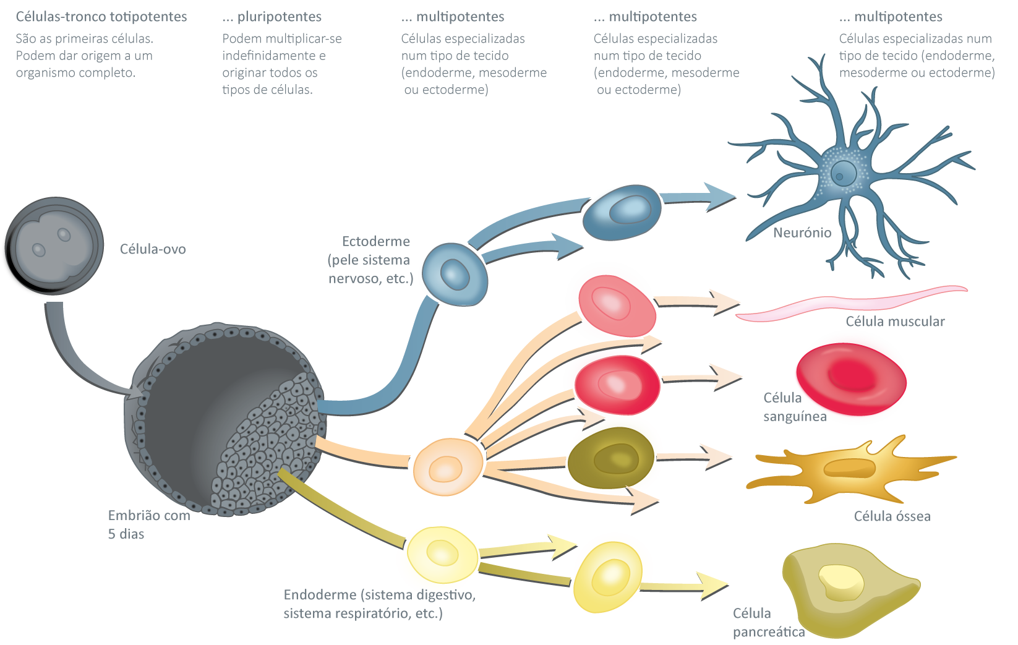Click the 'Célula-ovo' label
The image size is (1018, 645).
point(153,249)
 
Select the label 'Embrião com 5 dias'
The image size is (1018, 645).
point(148,524)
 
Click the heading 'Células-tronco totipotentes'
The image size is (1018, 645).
point(101,17)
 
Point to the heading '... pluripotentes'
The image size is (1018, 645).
point(272,17)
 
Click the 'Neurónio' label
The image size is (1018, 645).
point(802,233)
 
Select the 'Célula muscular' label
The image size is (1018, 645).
point(894,321)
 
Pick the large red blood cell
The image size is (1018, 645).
point(851,378)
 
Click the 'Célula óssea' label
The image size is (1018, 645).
point(892,516)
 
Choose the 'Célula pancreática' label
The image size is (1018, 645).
point(768,622)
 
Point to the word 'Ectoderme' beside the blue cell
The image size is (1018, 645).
point(376,241)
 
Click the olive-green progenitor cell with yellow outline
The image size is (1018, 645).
point(614,457)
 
